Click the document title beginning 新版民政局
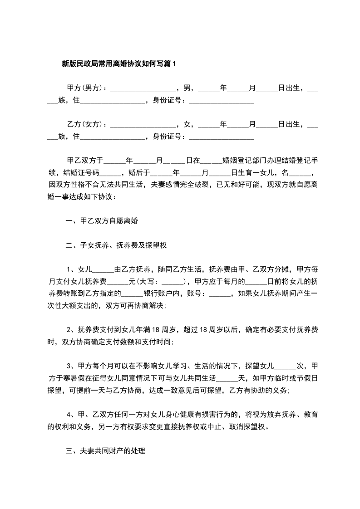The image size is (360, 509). coord(118,64)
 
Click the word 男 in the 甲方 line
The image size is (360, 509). coord(186,87)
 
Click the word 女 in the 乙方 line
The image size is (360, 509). coord(186,124)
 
